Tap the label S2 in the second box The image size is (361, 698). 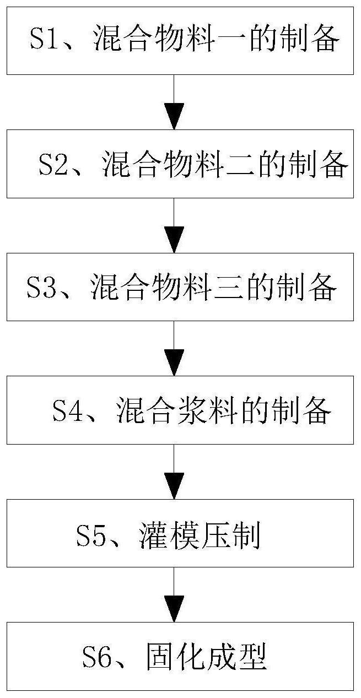click(x=53, y=164)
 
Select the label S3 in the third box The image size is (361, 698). click(x=41, y=288)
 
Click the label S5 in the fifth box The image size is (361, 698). click(x=91, y=535)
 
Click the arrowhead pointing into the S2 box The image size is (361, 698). click(x=174, y=119)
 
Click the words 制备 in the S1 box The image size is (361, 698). click(x=320, y=41)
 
